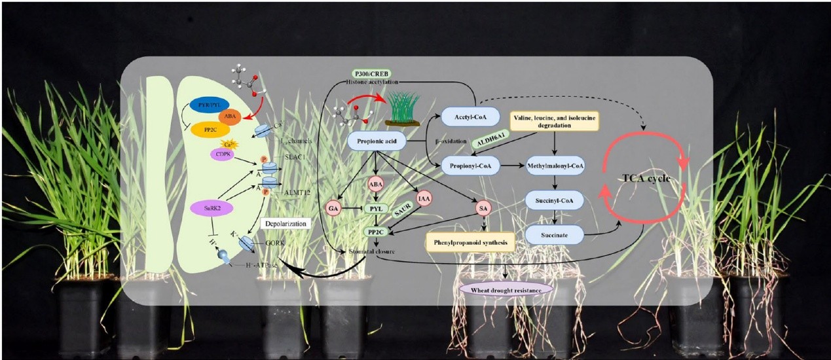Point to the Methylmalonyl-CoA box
555,166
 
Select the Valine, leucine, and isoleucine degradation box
555,122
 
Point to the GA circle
334,208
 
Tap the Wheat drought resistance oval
506,288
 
